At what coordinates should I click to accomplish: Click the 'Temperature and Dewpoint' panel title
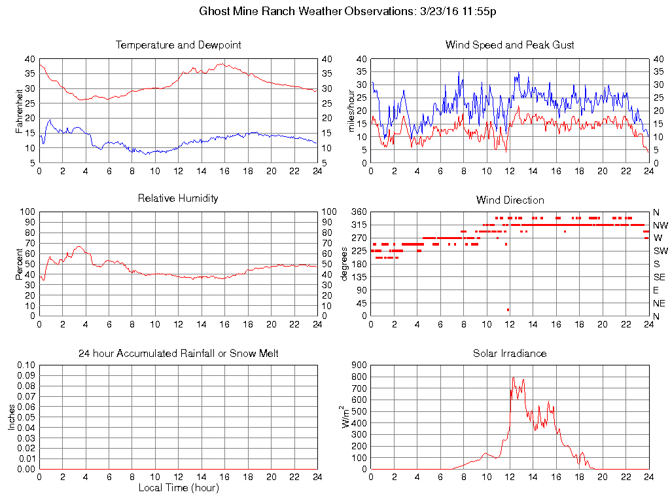178,45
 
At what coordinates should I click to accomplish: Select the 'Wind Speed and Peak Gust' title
510,45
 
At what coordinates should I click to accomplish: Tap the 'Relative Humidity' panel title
178,198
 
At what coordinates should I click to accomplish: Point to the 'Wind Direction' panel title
510,200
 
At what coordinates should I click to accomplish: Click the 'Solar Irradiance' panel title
510,353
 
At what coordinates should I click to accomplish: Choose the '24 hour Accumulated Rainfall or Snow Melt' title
178,353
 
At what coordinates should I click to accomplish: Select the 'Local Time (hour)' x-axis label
178,488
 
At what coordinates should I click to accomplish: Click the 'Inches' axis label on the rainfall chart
11,417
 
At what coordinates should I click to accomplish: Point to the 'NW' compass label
660,225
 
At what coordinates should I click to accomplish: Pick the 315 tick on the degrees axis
359,225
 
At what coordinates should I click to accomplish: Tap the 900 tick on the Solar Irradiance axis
359,365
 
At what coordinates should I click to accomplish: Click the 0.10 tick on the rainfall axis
26,365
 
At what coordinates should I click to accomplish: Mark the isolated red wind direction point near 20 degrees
508,310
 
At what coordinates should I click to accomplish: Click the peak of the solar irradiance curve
514,377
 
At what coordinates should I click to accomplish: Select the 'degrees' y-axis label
345,264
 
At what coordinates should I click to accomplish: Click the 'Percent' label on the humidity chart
19,264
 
